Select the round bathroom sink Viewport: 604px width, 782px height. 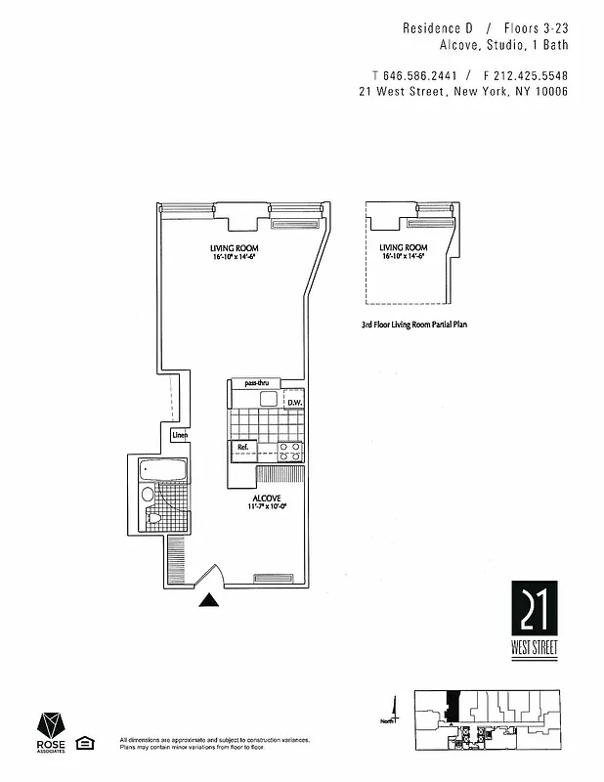tap(148, 495)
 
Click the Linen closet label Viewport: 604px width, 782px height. tap(180, 435)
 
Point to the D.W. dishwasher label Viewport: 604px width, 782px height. tap(294, 402)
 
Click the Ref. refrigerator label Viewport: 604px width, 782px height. tap(243, 448)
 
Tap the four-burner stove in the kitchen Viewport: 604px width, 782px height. tap(290, 451)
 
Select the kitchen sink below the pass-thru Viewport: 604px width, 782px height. tap(269, 399)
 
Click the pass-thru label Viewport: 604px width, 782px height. tap(256, 383)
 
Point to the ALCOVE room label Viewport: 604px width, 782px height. tap(266, 499)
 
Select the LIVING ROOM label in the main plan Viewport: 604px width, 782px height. tap(234, 248)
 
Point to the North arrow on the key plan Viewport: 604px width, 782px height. tap(395, 708)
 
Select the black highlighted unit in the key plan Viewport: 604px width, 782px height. tap(451, 703)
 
